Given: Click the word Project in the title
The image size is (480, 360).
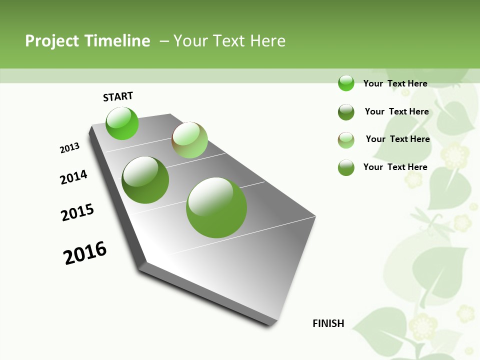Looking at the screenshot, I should (x=52, y=41).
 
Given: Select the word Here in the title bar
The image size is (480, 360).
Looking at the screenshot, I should (x=267, y=41).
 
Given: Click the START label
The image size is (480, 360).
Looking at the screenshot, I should (x=118, y=96).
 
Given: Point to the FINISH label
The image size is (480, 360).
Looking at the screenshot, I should (x=328, y=323).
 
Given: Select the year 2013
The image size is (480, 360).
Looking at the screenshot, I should (x=70, y=148).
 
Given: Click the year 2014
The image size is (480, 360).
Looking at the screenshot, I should (x=74, y=177).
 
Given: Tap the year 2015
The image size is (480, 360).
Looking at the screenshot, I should (x=77, y=212).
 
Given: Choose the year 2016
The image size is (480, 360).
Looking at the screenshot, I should (x=85, y=253).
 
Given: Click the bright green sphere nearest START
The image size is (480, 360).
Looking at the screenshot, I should (x=122, y=123).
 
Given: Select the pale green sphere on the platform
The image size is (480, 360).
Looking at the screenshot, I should (x=189, y=139).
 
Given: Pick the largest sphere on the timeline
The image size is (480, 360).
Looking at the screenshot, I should (x=216, y=207).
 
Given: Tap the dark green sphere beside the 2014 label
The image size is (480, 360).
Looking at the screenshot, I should (x=145, y=179).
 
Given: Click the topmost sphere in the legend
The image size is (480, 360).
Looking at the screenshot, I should (x=346, y=83).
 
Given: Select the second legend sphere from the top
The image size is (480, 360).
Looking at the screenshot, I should (x=346, y=112).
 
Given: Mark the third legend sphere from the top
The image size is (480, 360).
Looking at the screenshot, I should (x=346, y=140).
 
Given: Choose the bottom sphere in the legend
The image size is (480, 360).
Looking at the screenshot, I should (x=346, y=167).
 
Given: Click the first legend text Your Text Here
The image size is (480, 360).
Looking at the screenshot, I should (x=395, y=83).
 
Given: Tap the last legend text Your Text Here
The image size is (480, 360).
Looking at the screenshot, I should (x=395, y=167).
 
